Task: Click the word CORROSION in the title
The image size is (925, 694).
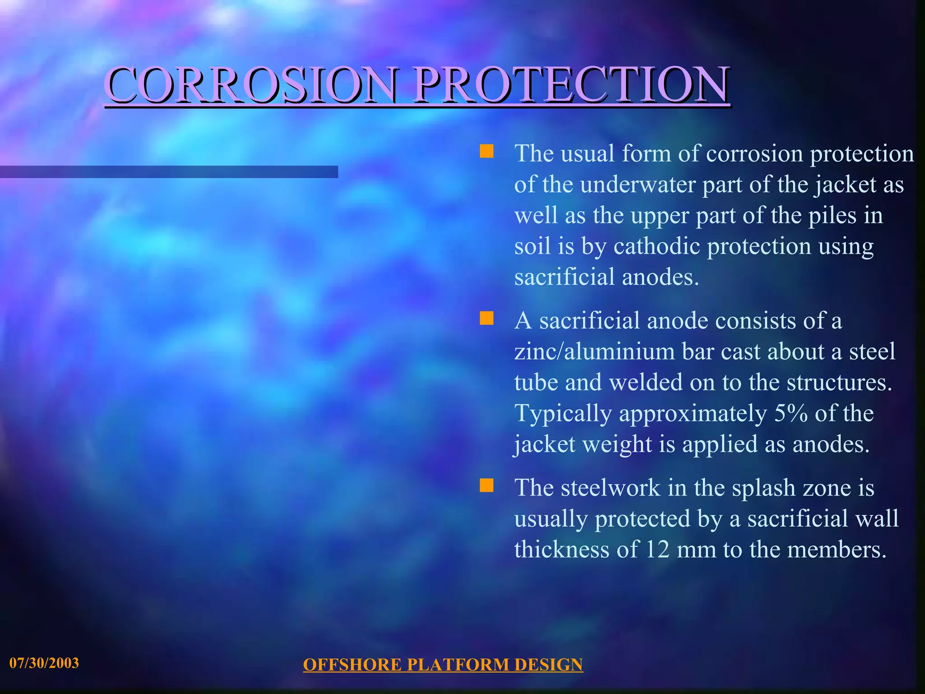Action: point(251,84)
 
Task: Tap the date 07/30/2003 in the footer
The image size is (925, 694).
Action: point(44,663)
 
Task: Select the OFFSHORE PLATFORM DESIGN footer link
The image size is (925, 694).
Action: point(443,665)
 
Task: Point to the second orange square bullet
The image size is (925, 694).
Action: point(486,319)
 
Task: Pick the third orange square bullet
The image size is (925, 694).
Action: point(486,486)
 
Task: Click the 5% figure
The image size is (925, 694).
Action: point(790,413)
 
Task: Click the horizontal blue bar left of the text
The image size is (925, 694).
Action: point(169,172)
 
